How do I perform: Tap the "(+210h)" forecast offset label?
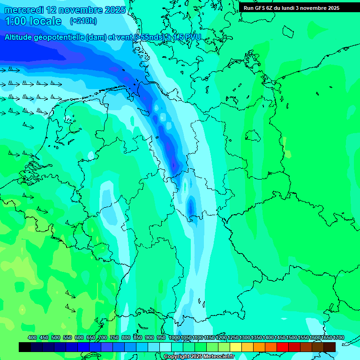83,21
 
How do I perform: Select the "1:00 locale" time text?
33,21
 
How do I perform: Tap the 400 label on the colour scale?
32,337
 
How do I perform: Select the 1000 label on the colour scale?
174,337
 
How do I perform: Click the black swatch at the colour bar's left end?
25,347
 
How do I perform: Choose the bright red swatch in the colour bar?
283,347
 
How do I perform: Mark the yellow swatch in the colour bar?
236,347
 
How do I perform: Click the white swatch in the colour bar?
165,347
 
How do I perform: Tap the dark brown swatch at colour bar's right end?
330,347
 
